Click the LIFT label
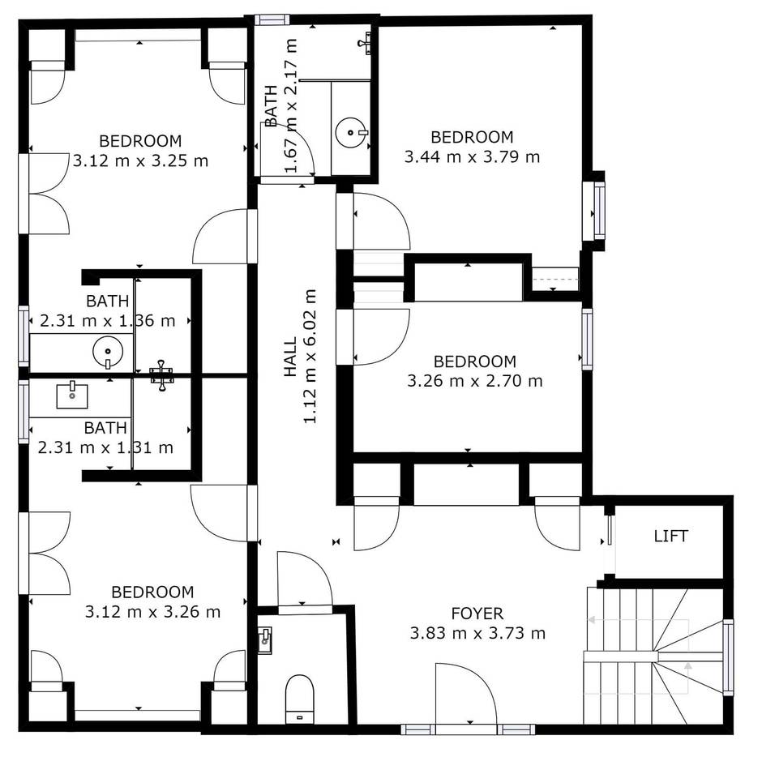[x=670, y=536]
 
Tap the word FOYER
[x=477, y=614]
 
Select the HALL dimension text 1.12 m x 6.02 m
[x=310, y=357]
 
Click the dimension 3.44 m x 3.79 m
[x=473, y=157]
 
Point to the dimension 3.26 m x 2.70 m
[x=475, y=381]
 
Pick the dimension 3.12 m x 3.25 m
[x=140, y=160]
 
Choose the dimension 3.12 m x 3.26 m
[x=152, y=611]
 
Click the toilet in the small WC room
[x=299, y=699]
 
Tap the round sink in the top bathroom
[x=351, y=132]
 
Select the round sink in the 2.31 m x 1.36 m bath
[x=108, y=352]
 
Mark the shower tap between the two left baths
[x=162, y=374]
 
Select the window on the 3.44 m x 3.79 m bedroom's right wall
[x=600, y=212]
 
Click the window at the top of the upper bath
[x=272, y=19]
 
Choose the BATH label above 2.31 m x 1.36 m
[x=107, y=302]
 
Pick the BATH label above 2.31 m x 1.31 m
[x=105, y=428]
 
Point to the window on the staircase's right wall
[x=728, y=657]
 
